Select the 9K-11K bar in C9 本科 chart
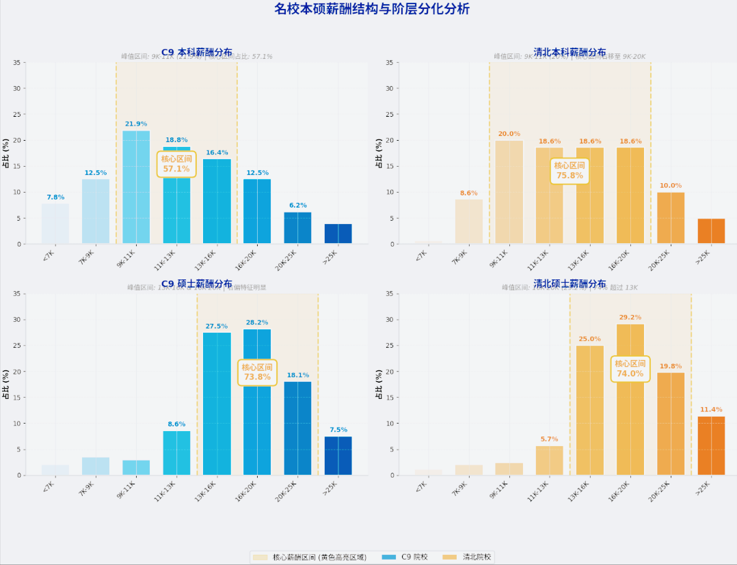[136, 187]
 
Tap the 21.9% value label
[136, 124]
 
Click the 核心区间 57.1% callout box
[176, 164]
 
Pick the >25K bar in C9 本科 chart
[338, 234]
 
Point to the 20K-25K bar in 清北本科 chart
[671, 218]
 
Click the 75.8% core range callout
[569, 171]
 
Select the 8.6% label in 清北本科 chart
[469, 193]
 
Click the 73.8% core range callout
[257, 372]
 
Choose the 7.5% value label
[338, 430]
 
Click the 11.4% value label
[711, 410]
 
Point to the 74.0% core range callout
[630, 369]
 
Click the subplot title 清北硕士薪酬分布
[569, 284]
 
